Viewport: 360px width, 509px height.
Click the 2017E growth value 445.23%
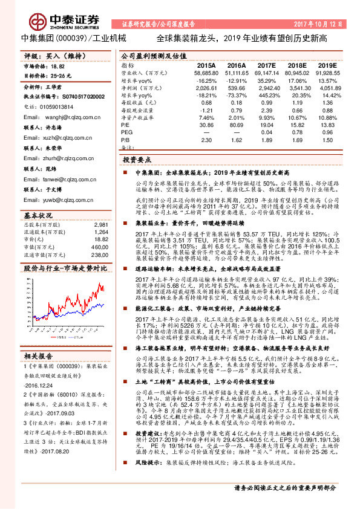(x=267, y=96)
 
